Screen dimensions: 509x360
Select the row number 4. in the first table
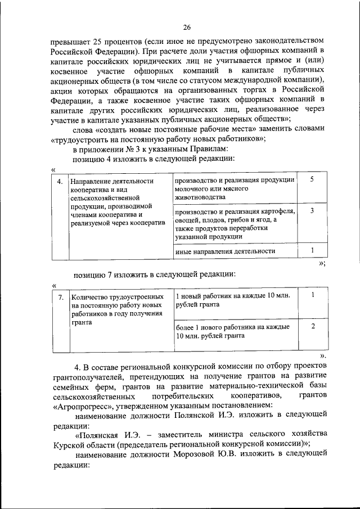(60, 181)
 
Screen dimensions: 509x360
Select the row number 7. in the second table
(60, 296)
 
